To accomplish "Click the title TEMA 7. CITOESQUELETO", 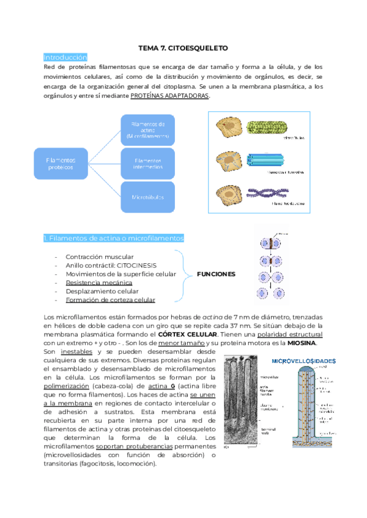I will (183, 47).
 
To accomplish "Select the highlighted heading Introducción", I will (65, 57).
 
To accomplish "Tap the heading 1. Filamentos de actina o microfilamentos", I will (114, 238).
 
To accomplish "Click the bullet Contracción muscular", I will (100, 257).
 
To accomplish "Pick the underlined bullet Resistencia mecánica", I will (98, 283).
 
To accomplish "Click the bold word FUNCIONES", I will (215, 274).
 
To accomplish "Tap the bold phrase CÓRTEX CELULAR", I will (188, 335).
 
